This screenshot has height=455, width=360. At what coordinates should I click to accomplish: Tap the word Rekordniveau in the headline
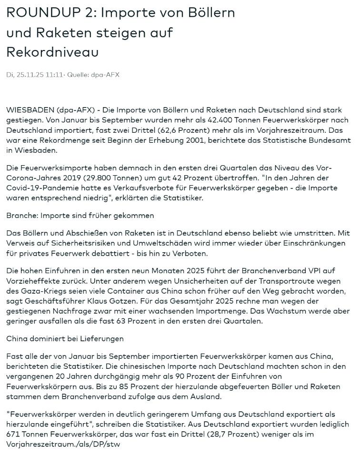coord(52,52)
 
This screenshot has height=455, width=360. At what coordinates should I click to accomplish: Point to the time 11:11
coord(55,75)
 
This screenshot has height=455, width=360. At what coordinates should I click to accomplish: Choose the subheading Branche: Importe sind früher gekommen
coord(80,215)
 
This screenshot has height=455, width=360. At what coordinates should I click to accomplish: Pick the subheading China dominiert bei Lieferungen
coord(65,338)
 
